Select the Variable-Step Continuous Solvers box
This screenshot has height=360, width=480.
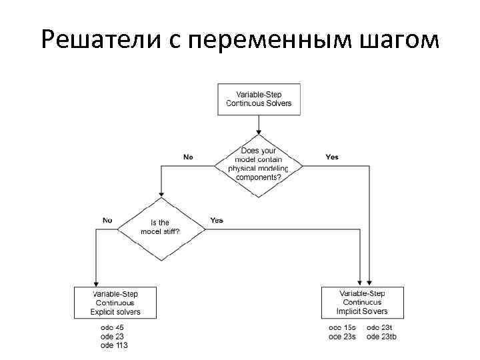259,99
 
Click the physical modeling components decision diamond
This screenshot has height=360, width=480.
257,164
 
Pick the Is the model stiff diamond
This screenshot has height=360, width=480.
161,227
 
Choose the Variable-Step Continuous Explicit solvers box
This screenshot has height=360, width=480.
115,302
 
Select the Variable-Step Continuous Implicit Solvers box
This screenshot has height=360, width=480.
363,302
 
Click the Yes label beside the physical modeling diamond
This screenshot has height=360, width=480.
332,157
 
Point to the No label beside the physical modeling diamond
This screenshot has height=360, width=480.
188,157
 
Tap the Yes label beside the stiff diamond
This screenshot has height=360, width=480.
216,220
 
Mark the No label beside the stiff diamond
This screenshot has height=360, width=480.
107,220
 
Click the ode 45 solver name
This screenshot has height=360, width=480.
112,327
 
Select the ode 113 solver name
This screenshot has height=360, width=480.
114,345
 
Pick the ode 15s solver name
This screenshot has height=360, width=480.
342,327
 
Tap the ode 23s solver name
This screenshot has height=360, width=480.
342,337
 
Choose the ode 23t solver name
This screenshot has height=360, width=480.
381,327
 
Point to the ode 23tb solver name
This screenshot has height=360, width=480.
382,337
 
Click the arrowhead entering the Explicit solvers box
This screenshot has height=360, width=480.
97,283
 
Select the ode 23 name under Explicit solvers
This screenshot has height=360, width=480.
112,337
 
